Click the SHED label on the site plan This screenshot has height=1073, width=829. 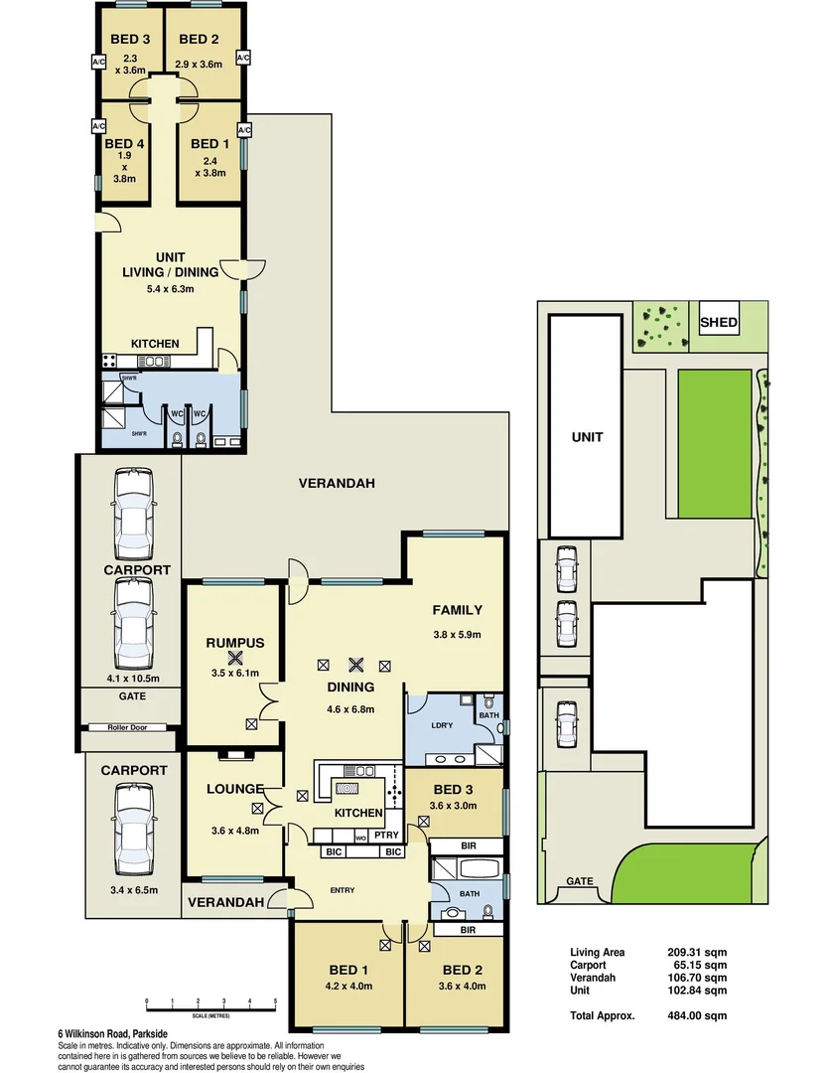719,322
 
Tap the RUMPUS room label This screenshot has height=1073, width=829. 234,643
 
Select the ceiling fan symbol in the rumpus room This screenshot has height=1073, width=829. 234,658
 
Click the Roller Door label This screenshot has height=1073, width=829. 130,728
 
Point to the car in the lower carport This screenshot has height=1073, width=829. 133,824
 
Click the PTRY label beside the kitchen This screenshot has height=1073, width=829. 386,836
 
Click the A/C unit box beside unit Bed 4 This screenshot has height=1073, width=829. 98,127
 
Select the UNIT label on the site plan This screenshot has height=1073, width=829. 586,436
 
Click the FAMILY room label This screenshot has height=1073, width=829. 457,610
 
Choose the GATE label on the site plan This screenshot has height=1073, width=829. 580,881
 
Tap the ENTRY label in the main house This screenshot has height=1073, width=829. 343,889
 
